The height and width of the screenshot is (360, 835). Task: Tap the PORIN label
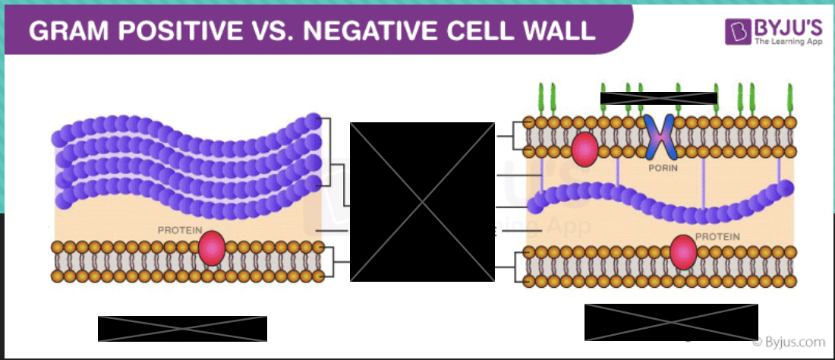click(662, 167)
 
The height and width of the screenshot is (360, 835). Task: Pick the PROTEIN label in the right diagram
click(717, 236)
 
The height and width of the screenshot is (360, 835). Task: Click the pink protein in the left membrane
click(212, 249)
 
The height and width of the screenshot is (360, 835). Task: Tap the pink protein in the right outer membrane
click(584, 149)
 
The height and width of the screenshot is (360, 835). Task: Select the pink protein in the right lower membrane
click(683, 253)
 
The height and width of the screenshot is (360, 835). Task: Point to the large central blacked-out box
click(421, 201)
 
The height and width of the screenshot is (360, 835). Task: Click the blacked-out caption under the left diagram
click(182, 328)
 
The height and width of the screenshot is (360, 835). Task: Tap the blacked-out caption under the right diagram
click(671, 322)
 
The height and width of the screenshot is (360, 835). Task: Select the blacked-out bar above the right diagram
click(658, 98)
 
